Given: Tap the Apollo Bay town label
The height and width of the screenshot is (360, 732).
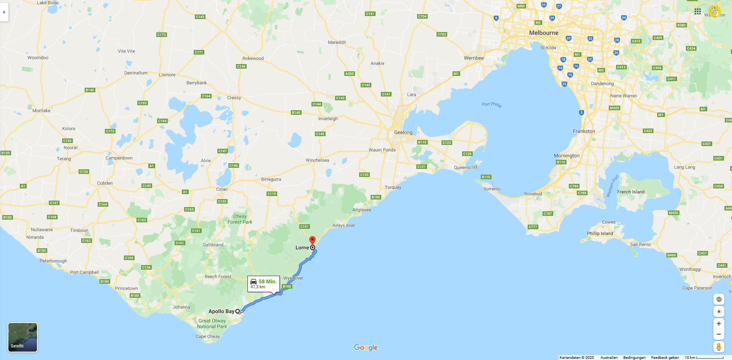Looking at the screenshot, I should pyautogui.click(x=221, y=311).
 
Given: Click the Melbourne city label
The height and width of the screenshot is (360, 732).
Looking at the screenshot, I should pyautogui.click(x=543, y=33).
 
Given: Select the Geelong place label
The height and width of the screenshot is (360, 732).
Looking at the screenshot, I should pyautogui.click(x=403, y=132).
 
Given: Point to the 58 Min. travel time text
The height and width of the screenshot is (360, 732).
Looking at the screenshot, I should pyautogui.click(x=267, y=281).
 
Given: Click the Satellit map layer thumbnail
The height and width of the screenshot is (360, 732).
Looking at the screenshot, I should pyautogui.click(x=22, y=337).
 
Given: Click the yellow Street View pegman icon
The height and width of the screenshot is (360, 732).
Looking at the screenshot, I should pyautogui.click(x=718, y=347).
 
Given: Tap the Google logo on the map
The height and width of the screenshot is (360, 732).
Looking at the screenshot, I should pyautogui.click(x=366, y=347).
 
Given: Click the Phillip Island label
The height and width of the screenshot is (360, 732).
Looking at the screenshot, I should pyautogui.click(x=600, y=233).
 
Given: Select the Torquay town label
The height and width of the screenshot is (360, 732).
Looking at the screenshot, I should pyautogui.click(x=393, y=187).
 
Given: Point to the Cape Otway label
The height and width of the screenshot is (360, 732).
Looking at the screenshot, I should pyautogui.click(x=207, y=336).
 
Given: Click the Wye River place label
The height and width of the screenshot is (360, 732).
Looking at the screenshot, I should pyautogui.click(x=293, y=278).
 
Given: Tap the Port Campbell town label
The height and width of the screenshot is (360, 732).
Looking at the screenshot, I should pyautogui.click(x=84, y=272).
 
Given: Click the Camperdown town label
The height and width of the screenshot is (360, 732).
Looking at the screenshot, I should pyautogui.click(x=119, y=158).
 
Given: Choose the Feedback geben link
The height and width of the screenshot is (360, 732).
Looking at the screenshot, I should pyautogui.click(x=665, y=357).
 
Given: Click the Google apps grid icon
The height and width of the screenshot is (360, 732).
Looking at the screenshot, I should pyautogui.click(x=697, y=11).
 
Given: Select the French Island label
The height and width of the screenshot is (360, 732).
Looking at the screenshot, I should pyautogui.click(x=631, y=192).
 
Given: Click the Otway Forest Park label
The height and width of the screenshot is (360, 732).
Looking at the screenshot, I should pyautogui.click(x=240, y=219).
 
